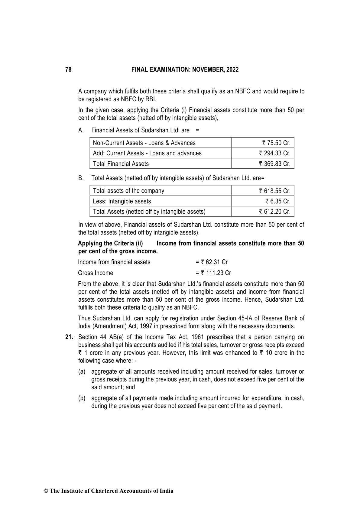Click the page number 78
click(68, 70)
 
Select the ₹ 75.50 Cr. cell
click(276, 143)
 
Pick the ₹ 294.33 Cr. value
click(274, 153)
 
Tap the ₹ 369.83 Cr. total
click(274, 164)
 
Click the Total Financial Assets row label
click(121, 164)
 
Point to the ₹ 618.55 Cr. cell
click(274, 191)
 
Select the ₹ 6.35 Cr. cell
click(278, 201)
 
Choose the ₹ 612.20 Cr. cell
click(274, 212)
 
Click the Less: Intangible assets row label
click(122, 201)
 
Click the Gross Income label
click(96, 273)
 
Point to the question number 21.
click(69, 337)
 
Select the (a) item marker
click(82, 372)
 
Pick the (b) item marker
click(82, 398)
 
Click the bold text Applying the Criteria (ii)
click(110, 244)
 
